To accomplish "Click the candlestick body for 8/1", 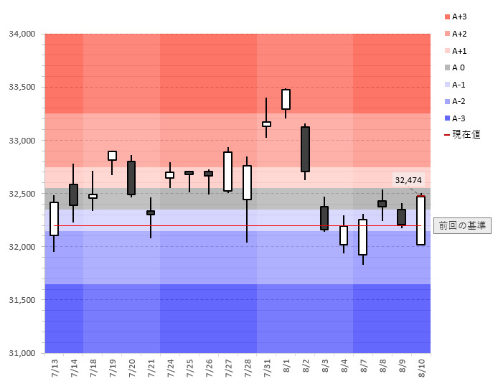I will point(286,99).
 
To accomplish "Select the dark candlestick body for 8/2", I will point(305,149).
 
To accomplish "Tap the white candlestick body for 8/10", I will point(421,220).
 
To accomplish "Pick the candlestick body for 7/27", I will point(227,172).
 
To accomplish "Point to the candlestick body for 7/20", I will point(131,178).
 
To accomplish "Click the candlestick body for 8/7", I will point(363,237).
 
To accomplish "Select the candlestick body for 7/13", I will point(54,219).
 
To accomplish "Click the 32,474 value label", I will point(408,179).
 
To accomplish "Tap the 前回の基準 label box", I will point(463,225).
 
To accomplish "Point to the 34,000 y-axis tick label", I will point(22,34).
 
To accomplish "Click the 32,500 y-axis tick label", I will point(22,194).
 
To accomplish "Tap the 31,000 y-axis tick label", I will point(22,353).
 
